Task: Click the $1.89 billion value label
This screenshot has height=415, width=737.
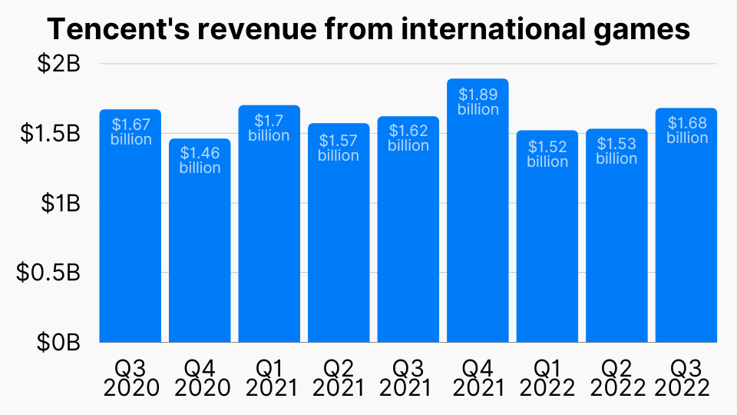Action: (x=478, y=101)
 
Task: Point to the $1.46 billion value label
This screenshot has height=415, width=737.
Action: (x=200, y=160)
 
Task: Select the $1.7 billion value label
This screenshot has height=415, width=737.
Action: (x=269, y=128)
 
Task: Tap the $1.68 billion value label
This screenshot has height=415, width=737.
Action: (x=686, y=130)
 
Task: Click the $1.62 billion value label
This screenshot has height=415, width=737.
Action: (x=408, y=138)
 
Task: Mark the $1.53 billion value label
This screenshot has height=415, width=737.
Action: (x=616, y=151)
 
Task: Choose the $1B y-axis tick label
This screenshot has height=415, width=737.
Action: (x=59, y=204)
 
